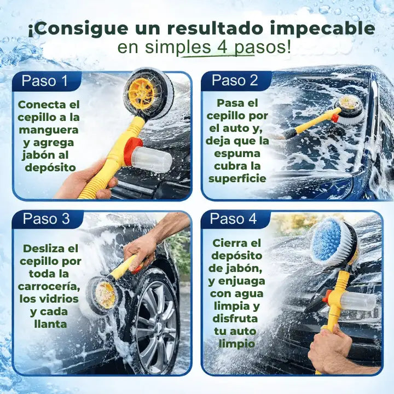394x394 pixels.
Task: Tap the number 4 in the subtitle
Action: pyautogui.click(x=222, y=47)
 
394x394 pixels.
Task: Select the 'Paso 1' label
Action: pyautogui.click(x=45, y=81)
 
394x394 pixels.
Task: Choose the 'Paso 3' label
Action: pyautogui.click(x=46, y=219)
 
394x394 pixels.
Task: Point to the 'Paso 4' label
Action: pyautogui.click(x=233, y=219)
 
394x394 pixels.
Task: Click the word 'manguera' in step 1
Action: pyautogui.click(x=48, y=130)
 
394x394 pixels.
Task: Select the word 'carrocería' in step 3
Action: pyautogui.click(x=49, y=286)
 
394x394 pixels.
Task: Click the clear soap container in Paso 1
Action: pyautogui.click(x=152, y=159)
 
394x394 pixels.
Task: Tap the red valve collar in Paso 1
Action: pyautogui.click(x=131, y=152)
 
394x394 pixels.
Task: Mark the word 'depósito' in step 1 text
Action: pyautogui.click(x=50, y=167)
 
